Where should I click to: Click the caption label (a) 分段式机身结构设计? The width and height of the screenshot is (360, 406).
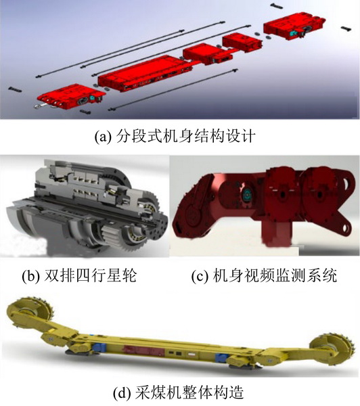coord(175,136)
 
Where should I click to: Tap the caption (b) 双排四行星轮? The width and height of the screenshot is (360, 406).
coord(79,275)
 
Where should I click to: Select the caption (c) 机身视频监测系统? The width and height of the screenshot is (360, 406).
coord(264,275)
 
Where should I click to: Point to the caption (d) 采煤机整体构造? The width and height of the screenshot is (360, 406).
coord(179,392)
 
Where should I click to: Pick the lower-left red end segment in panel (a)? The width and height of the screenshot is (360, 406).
coord(71,97)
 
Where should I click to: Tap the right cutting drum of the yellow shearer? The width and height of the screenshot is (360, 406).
coord(332,348)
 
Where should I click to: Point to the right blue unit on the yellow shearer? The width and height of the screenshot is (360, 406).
coord(222,357)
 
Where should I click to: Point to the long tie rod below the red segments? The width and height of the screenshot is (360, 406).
coord(173,89)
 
